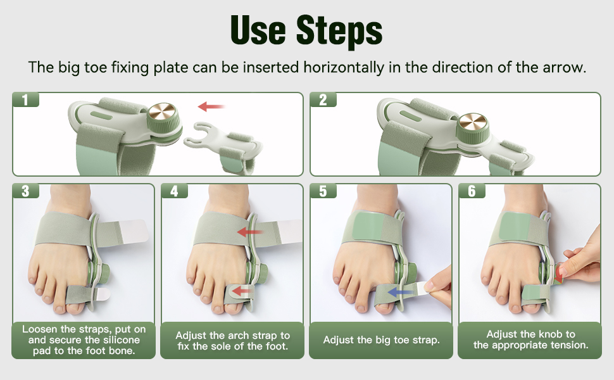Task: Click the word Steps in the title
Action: [x=339, y=31]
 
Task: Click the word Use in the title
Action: [x=258, y=30]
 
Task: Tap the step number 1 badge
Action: [x=26, y=99]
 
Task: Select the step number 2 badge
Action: [x=323, y=99]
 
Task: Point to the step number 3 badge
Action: [x=26, y=191]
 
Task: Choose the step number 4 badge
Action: [x=174, y=191]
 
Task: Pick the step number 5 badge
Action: [x=323, y=191]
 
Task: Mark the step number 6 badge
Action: [x=472, y=191]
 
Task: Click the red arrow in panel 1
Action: [x=211, y=106]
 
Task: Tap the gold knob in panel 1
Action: [x=163, y=111]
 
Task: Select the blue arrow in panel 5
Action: [x=401, y=292]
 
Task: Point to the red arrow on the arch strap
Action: [x=250, y=232]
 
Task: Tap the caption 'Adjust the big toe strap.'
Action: [x=381, y=340]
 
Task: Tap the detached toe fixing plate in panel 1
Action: [x=222, y=143]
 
